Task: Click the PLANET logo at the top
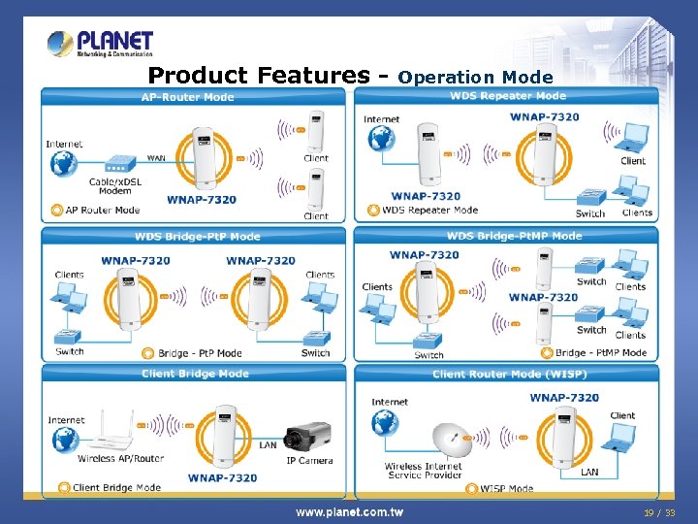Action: tap(100, 45)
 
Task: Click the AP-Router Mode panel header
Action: tap(188, 97)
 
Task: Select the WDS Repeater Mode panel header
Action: tap(508, 96)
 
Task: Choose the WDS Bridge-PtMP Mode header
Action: tap(514, 236)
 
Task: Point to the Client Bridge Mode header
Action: tap(195, 374)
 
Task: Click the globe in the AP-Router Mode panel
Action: tap(64, 166)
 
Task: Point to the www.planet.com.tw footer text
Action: tap(350, 511)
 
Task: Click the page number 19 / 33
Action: tap(659, 511)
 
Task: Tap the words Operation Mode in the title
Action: tap(475, 77)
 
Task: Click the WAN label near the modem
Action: tap(155, 157)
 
